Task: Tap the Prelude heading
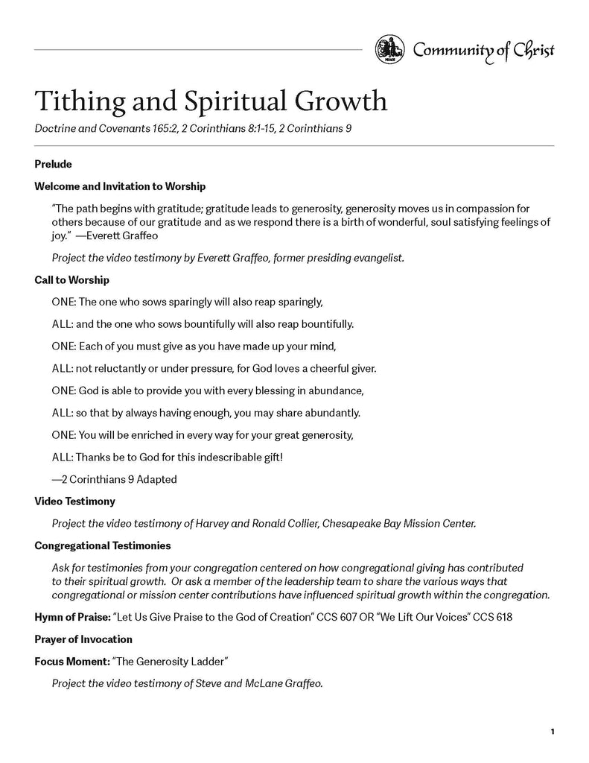click(53, 164)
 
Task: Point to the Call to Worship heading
click(71, 280)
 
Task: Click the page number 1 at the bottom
click(553, 732)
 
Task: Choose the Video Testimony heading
click(74, 501)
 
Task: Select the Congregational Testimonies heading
click(103, 545)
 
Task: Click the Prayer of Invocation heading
click(83, 639)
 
